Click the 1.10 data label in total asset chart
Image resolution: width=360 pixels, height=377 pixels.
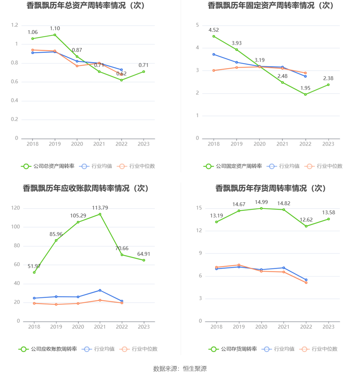coord(55,29)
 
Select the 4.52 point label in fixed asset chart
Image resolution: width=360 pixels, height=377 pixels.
coord(214,30)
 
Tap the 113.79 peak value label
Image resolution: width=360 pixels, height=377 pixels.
coord(100,208)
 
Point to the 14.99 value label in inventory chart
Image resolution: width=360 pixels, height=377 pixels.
coord(261,202)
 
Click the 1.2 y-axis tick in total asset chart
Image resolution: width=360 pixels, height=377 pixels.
coord(15,25)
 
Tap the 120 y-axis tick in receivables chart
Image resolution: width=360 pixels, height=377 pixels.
coord(15,208)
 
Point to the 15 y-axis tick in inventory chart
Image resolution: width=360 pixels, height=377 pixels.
coord(199,208)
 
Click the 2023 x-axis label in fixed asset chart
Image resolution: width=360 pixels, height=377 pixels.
coord(328,144)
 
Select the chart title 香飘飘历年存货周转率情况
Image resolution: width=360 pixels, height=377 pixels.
coord(271,188)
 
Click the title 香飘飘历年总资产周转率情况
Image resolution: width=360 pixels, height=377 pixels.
coord(86,6)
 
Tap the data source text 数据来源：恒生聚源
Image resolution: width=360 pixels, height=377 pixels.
coord(180,369)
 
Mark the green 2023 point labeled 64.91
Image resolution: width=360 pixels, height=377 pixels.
coord(144,260)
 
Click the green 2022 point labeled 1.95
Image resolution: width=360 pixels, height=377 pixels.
coord(305,94)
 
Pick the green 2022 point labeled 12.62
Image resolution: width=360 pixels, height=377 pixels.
coord(306,226)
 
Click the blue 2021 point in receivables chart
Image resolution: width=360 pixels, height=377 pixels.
coord(100,290)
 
